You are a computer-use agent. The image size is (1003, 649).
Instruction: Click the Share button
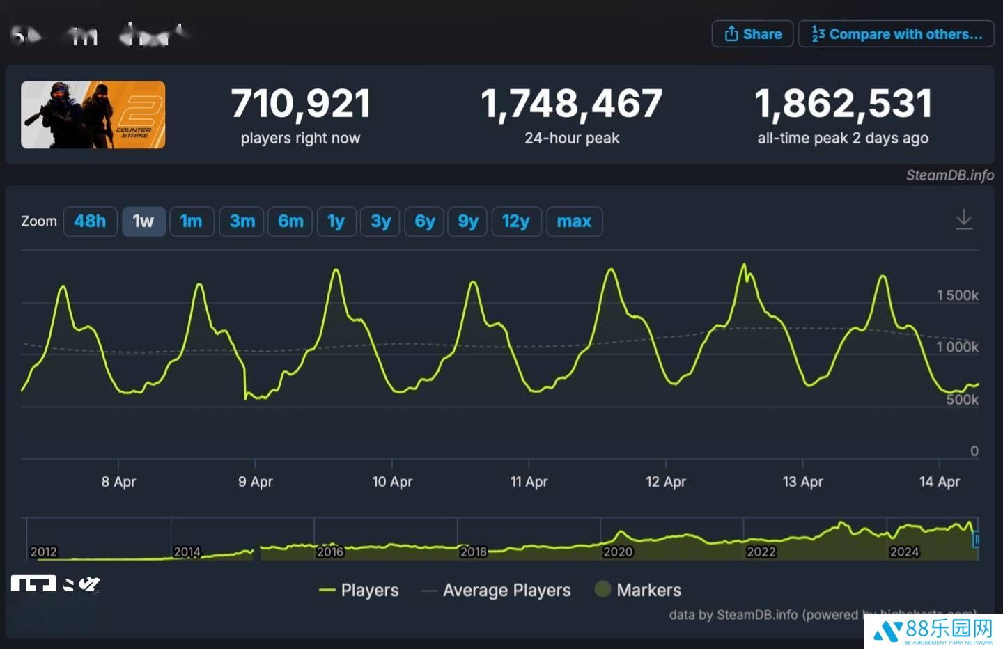pos(752,34)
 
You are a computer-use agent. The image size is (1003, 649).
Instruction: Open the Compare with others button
pos(897,34)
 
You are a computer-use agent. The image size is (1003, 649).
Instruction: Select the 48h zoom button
pos(90,221)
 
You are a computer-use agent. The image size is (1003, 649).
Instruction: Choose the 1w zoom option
pos(143,221)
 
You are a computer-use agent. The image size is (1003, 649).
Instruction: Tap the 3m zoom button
pos(242,221)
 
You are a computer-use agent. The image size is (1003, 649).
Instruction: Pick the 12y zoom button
pos(515,221)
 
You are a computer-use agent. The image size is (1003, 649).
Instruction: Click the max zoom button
pos(574,221)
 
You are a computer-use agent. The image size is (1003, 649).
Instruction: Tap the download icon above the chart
pos(964,219)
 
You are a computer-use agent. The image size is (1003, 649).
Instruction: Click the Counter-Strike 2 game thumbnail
pos(93,115)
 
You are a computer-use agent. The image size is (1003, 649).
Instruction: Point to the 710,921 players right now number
pos(301,104)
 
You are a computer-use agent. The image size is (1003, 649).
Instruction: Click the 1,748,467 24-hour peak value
pos(572,104)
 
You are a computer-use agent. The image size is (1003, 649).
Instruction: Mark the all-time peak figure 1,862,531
pos(843,104)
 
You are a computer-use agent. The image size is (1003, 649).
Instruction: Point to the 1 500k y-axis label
pos(957,295)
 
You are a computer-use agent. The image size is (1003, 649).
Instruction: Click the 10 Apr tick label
pos(392,481)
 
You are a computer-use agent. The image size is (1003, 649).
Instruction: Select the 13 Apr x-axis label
pos(802,481)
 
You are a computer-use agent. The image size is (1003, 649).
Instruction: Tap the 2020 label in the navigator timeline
pos(617,552)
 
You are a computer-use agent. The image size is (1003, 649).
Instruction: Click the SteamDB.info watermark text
pos(949,175)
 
